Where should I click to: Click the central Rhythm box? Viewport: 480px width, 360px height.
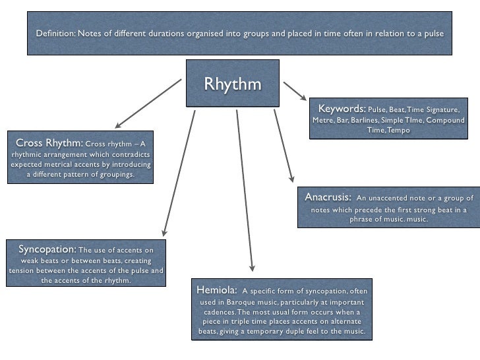pos(233,84)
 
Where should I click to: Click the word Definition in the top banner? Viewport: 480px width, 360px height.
pos(55,34)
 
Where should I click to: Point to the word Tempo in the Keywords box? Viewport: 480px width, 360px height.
pos(399,131)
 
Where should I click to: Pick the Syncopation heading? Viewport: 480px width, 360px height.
pos(47,249)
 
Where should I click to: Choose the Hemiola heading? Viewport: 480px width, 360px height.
pos(216,290)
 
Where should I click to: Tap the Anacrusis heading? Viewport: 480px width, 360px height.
pos(328,197)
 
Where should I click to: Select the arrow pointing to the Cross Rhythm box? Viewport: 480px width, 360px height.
pos(148,104)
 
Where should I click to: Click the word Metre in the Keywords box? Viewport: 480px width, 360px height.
pos(323,121)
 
